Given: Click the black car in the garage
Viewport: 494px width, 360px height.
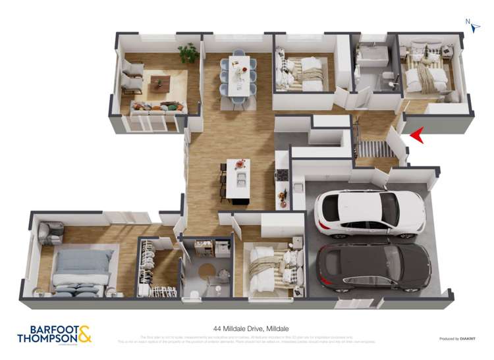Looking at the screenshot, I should click(x=373, y=267).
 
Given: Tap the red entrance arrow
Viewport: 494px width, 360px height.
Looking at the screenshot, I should click(x=418, y=136).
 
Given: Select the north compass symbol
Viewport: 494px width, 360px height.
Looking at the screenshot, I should click(x=473, y=24).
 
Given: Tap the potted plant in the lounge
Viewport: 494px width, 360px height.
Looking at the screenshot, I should click(x=190, y=52).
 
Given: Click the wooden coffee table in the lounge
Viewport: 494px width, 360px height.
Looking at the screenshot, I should click(x=160, y=83).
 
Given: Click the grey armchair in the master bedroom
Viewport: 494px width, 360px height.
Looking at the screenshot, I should click(x=51, y=232).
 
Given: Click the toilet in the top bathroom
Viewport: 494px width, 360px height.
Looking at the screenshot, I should click(x=389, y=80).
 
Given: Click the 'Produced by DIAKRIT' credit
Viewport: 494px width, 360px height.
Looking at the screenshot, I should click(x=458, y=339).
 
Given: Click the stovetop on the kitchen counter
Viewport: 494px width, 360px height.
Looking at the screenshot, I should click(x=282, y=174).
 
